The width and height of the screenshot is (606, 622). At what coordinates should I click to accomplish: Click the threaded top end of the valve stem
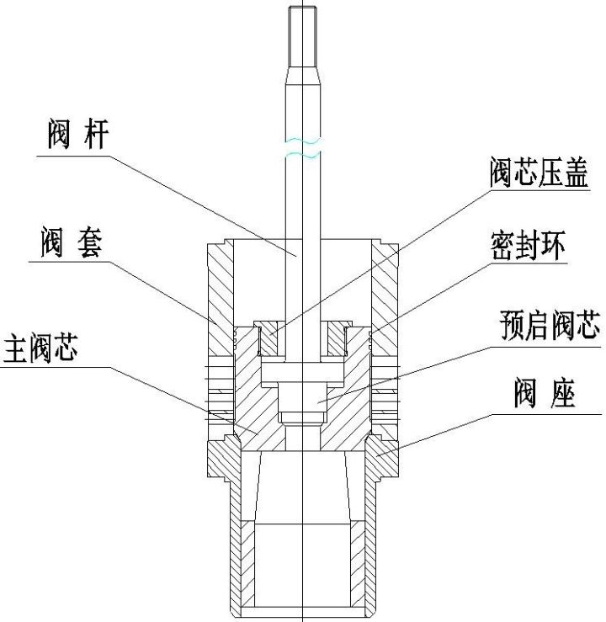click(x=302, y=34)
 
